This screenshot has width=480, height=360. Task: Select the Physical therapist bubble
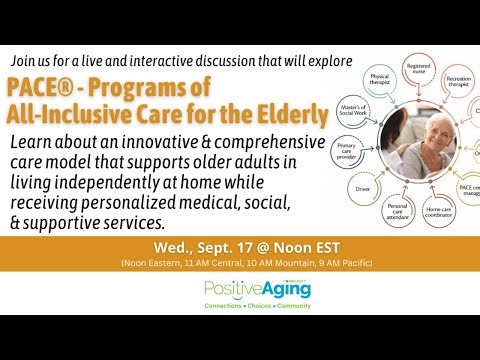click(379, 80)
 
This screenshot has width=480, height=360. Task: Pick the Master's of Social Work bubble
click(352, 108)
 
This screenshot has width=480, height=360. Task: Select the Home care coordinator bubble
click(437, 212)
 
